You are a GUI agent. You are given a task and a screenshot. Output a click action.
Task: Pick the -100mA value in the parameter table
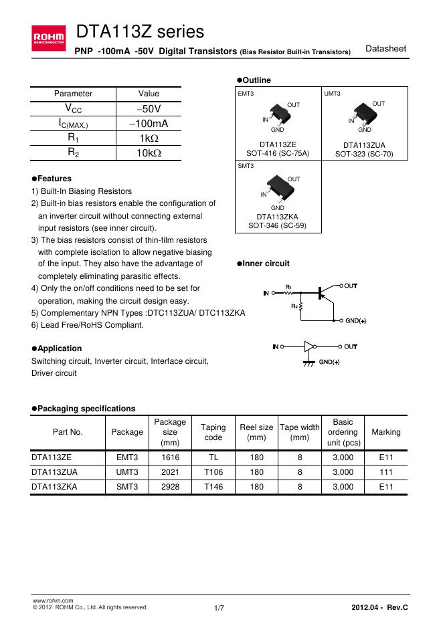[x=149, y=124]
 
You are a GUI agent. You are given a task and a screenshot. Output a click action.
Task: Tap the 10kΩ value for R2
[x=149, y=153]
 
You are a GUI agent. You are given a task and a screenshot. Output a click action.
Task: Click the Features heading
[x=52, y=179]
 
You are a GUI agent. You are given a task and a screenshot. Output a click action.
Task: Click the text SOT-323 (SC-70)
[x=365, y=154]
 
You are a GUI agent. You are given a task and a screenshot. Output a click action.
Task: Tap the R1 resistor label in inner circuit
[x=289, y=286]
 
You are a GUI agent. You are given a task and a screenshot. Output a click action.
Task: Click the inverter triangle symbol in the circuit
[x=308, y=347]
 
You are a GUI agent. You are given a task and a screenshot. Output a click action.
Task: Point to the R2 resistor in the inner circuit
[x=300, y=306]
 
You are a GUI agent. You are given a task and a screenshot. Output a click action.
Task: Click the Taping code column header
[x=213, y=432]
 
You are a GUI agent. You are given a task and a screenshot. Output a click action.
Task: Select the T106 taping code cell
[x=213, y=473]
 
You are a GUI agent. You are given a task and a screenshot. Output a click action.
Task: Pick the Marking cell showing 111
[x=385, y=473]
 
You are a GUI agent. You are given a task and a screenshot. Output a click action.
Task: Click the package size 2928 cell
[x=170, y=488]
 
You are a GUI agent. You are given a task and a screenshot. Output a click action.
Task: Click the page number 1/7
[x=219, y=607]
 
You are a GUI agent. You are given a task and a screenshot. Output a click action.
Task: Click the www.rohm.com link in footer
[x=48, y=601]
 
